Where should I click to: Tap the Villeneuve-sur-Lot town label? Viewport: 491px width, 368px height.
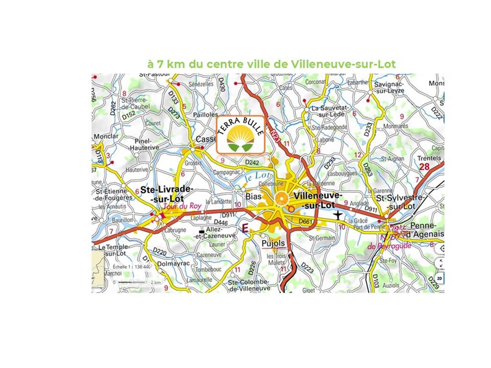(317, 200)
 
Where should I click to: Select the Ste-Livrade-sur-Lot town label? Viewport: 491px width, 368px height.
(166, 194)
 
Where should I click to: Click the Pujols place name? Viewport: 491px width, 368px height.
(274, 243)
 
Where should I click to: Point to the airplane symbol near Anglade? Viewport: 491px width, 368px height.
(339, 214)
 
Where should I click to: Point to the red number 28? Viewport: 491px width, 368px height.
(424, 166)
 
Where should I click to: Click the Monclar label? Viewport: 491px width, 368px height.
(106, 137)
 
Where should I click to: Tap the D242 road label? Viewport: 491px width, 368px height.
(252, 163)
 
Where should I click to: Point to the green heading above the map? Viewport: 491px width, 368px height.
(272, 64)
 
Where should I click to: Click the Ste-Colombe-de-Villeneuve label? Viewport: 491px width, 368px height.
(249, 285)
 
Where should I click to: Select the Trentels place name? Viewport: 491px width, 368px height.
(429, 158)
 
